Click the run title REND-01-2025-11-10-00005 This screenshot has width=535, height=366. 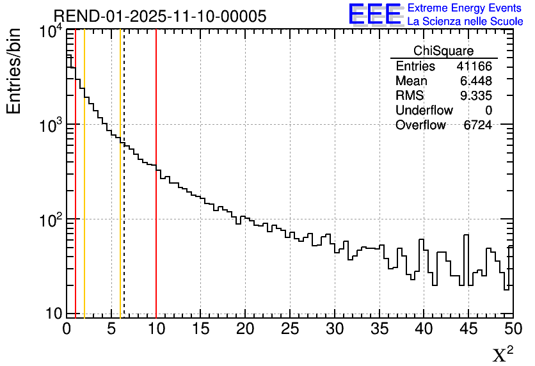click(159, 17)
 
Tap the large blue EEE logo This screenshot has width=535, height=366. click(374, 14)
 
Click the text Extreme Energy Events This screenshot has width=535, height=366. click(465, 8)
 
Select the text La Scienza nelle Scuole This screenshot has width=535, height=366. click(465, 21)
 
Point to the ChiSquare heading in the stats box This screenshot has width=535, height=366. click(443, 51)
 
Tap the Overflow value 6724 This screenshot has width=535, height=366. click(477, 125)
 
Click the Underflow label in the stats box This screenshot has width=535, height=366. click(424, 111)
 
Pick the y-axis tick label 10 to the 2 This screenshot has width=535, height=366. click(48, 219)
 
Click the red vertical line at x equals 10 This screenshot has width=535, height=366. click(156, 192)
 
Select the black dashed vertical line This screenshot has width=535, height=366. click(124, 192)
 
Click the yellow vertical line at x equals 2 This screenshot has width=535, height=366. click(84, 192)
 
